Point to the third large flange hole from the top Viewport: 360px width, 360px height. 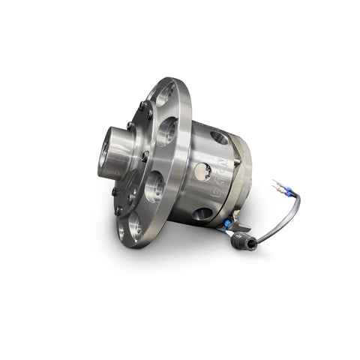tap(154, 184)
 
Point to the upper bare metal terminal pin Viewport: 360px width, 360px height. tap(279, 182)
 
